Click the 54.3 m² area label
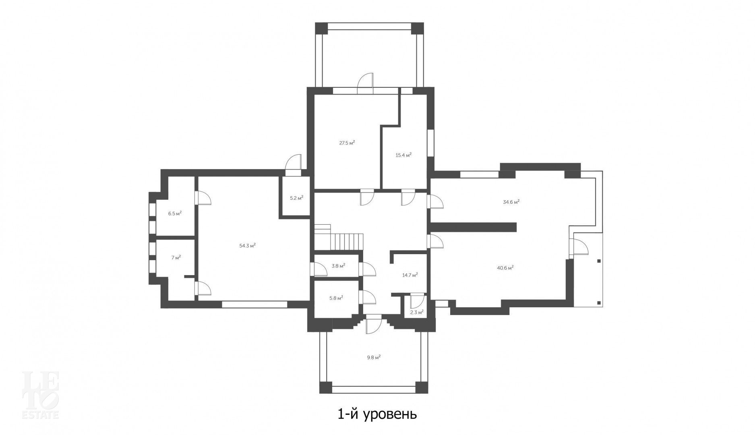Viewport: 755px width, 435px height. coord(248,246)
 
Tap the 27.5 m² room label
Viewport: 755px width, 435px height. coord(347,143)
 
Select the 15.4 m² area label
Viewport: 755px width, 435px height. coord(403,155)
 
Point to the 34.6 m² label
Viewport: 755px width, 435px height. coord(511,202)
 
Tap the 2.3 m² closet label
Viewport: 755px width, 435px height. coord(416,312)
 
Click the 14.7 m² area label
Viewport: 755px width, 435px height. coord(410,275)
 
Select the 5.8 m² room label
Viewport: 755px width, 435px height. coord(336,298)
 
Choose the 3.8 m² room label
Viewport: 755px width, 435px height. coord(338,266)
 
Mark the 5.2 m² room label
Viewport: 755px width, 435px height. coord(296,198)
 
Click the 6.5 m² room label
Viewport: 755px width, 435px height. coord(175,213)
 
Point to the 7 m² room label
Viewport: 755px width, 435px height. coord(176,257)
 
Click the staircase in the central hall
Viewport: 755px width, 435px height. coord(339,238)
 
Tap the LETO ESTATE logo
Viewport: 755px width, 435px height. coord(40,394)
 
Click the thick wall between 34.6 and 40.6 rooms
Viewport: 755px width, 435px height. coord(473,227)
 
